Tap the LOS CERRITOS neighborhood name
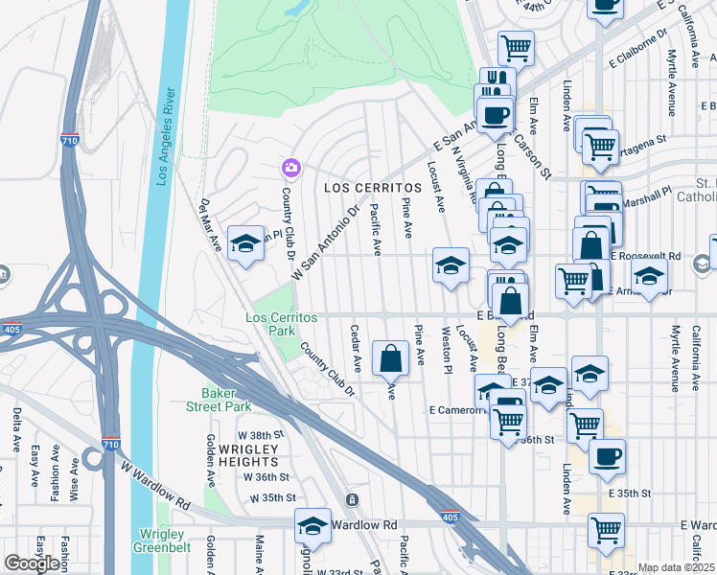coord(373,187)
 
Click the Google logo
coord(32,563)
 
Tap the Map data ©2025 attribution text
coord(675,567)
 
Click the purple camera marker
coord(289,170)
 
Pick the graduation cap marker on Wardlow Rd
coord(312,526)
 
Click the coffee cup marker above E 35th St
coord(606,456)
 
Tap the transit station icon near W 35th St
coord(352,500)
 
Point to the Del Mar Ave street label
coord(210,224)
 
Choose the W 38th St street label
coord(263,434)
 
